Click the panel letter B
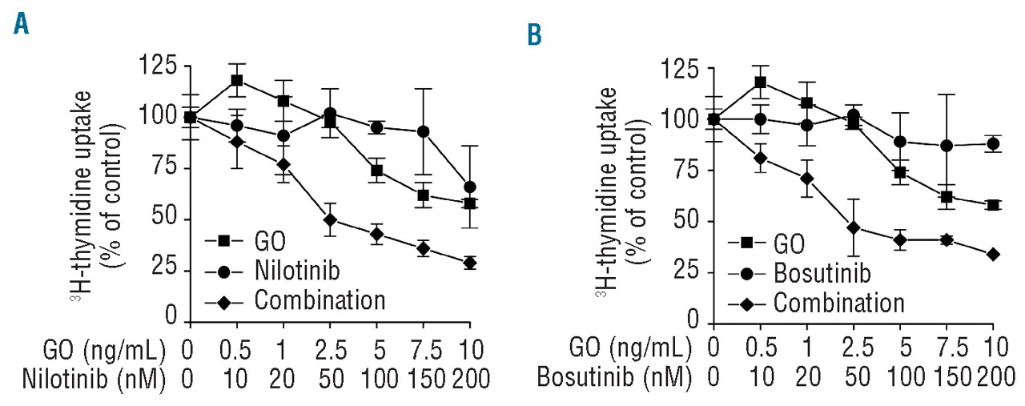pos(533,34)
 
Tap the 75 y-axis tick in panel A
pos(164,169)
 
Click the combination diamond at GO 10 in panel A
pos(470,263)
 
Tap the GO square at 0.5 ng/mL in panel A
pos(237,80)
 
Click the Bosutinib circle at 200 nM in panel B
pos(993,144)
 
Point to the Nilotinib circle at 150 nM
pos(424,131)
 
